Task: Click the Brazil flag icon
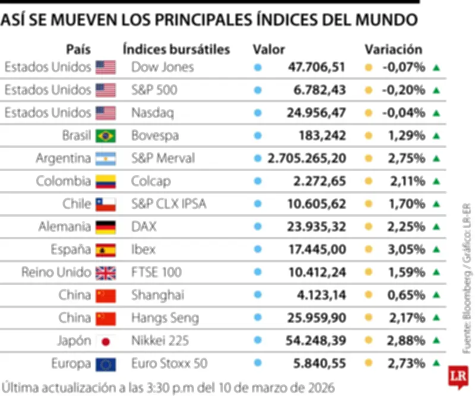(x=106, y=136)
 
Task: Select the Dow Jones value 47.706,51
(x=316, y=67)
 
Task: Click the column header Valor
(x=269, y=49)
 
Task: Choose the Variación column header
(x=393, y=49)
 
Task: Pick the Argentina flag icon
(x=106, y=159)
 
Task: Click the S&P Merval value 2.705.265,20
(x=307, y=159)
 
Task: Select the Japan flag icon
(x=106, y=341)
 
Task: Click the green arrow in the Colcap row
(x=436, y=181)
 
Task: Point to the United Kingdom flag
(x=106, y=273)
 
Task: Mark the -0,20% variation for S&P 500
(x=404, y=90)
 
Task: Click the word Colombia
(x=64, y=181)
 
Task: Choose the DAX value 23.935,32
(x=316, y=227)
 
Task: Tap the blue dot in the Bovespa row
(x=258, y=136)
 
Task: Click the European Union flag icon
(x=106, y=363)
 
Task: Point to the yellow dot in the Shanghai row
(x=368, y=296)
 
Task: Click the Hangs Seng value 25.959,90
(x=316, y=318)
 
